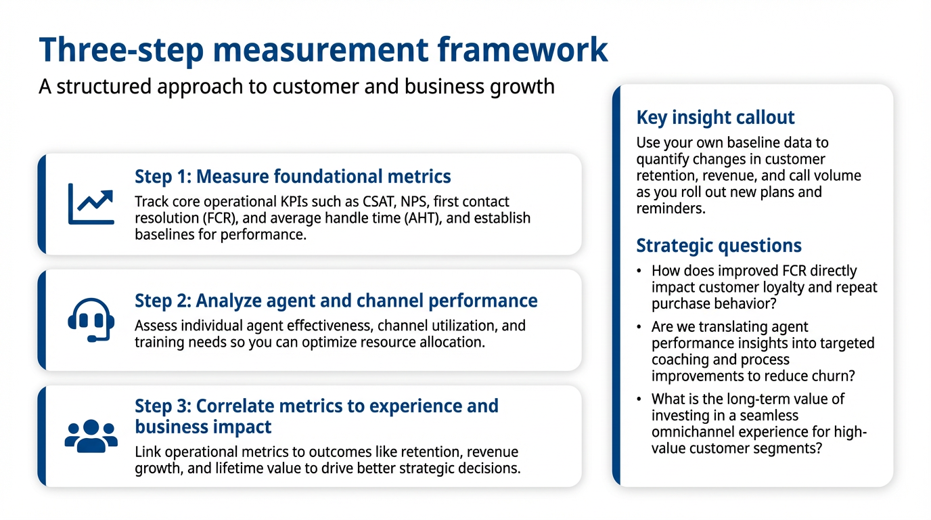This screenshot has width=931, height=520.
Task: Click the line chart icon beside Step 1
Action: click(91, 204)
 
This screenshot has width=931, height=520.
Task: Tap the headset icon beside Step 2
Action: click(91, 320)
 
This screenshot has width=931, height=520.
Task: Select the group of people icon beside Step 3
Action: click(91, 436)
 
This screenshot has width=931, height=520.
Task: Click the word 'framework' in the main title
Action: click(523, 50)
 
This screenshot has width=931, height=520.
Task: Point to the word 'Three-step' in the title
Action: click(121, 51)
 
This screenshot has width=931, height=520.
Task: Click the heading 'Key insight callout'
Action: click(715, 117)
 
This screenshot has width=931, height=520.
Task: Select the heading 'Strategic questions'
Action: click(719, 245)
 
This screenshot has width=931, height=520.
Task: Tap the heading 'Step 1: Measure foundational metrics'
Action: click(292, 177)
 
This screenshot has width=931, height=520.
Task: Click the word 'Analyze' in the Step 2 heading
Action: click(229, 301)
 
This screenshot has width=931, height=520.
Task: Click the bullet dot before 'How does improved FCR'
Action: click(639, 272)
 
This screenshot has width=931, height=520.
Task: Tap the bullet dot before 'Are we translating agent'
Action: click(639, 327)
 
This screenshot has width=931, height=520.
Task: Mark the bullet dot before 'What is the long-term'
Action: click(639, 399)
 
